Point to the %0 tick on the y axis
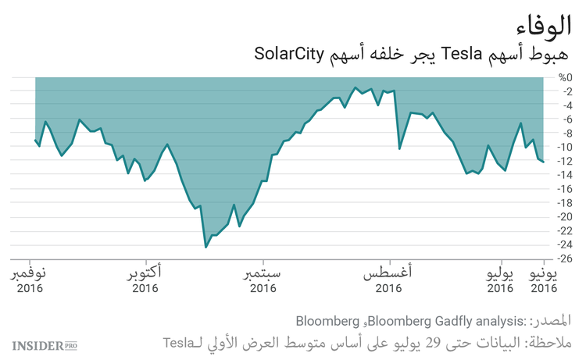[x=565, y=77]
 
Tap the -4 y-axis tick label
[x=564, y=105]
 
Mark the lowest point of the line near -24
[x=205, y=247]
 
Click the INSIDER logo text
[x=37, y=344]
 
